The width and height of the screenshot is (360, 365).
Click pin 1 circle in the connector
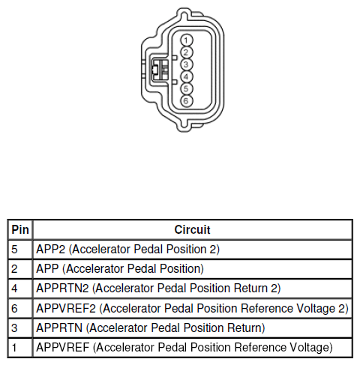tap(186, 40)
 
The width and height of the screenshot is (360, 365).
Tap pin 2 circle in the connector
tap(186, 52)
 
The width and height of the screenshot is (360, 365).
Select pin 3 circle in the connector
tap(186, 64)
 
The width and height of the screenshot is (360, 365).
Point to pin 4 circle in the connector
tap(186, 76)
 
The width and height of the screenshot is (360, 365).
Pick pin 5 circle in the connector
tap(186, 88)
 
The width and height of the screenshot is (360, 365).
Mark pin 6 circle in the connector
tap(186, 100)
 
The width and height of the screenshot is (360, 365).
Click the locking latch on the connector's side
tap(160, 70)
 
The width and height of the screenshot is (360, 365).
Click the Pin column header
tap(20, 229)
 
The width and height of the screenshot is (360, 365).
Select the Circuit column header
tap(192, 229)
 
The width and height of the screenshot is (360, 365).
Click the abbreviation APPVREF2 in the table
tap(66, 308)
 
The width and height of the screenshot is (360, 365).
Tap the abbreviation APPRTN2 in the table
tap(62, 289)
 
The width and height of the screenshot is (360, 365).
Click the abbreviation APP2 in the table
tap(51, 250)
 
